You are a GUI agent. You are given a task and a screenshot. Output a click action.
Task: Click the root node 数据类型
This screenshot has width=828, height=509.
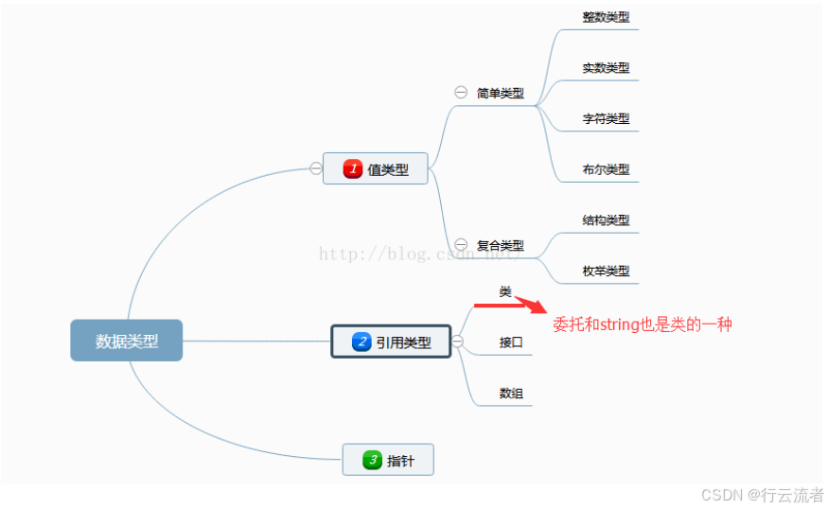click(126, 341)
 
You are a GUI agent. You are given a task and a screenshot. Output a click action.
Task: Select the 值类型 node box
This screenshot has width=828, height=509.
click(375, 168)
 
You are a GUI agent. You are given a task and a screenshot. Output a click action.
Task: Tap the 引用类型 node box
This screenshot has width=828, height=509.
click(390, 342)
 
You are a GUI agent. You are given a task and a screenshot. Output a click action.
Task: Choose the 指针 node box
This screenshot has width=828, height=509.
click(387, 460)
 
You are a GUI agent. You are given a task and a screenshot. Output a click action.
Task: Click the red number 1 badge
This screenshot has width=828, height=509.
click(353, 168)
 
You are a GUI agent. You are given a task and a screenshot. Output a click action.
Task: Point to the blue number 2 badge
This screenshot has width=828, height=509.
click(361, 342)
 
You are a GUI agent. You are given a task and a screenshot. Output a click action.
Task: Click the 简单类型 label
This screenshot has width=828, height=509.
click(500, 93)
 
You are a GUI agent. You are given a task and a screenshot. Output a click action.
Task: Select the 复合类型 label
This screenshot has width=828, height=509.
click(500, 244)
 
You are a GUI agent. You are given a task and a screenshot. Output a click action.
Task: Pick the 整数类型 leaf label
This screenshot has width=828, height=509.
click(606, 17)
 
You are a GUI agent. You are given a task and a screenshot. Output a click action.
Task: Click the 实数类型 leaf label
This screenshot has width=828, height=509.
click(606, 67)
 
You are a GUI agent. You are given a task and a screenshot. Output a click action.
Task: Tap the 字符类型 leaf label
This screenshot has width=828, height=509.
click(606, 118)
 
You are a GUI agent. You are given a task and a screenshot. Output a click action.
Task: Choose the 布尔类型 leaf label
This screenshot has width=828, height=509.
click(606, 169)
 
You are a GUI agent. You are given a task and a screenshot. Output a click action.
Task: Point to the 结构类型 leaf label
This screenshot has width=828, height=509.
click(606, 219)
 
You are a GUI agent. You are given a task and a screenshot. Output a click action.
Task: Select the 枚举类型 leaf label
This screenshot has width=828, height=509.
click(606, 271)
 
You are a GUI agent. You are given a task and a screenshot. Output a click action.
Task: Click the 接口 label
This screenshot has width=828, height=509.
click(511, 342)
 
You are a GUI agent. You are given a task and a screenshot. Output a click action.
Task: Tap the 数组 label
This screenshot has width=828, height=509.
click(511, 393)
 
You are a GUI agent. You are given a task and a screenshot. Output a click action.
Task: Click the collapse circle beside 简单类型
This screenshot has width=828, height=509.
click(461, 93)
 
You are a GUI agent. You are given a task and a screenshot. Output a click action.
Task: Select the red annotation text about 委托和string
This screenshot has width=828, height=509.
click(643, 325)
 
